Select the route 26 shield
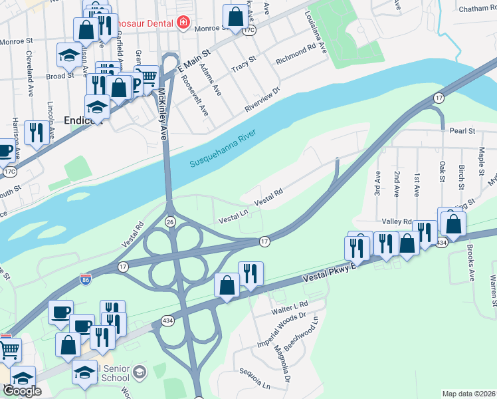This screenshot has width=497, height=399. [170, 222]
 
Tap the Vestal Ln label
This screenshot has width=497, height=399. [235, 215]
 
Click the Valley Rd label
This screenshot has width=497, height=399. [397, 221]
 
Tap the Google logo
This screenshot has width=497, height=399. [22, 391]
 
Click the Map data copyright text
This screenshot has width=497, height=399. [469, 394]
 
